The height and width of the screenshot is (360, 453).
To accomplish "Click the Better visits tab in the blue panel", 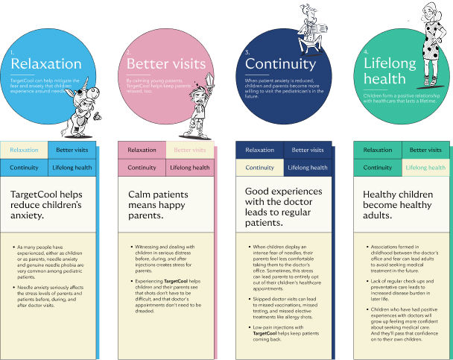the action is point(72,150).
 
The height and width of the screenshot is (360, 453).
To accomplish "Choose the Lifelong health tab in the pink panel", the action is point(189,168).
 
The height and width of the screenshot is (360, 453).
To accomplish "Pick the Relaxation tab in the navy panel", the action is point(259,150).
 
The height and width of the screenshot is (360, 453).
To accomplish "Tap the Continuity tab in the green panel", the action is point(377,168).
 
